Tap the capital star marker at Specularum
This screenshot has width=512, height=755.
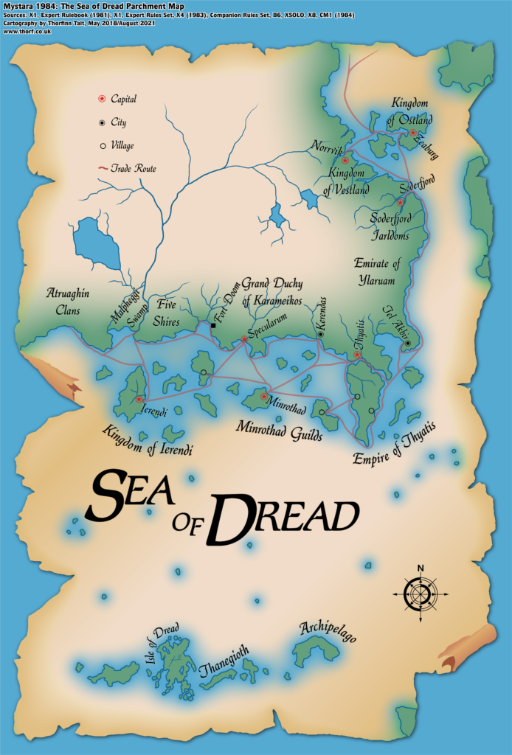click(x=244, y=340)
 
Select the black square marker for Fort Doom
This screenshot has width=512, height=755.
click(x=213, y=325)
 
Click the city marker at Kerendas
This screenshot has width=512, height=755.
click(x=320, y=335)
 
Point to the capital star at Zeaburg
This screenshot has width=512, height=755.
click(x=413, y=133)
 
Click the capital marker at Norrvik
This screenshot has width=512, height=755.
click(x=345, y=160)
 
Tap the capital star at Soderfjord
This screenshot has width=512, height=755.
click(x=401, y=203)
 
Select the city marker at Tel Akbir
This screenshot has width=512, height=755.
click(x=407, y=344)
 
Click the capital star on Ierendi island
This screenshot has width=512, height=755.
click(x=139, y=399)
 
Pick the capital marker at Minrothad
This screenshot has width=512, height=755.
click(x=263, y=397)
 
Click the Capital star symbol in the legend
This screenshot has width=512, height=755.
click(x=102, y=99)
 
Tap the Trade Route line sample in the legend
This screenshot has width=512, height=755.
click(x=102, y=169)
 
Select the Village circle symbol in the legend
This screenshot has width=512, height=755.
click(x=102, y=145)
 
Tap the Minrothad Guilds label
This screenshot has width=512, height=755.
click(x=279, y=431)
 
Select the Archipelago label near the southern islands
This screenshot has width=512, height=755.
click(x=328, y=632)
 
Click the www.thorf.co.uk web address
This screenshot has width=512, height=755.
click(x=22, y=31)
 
